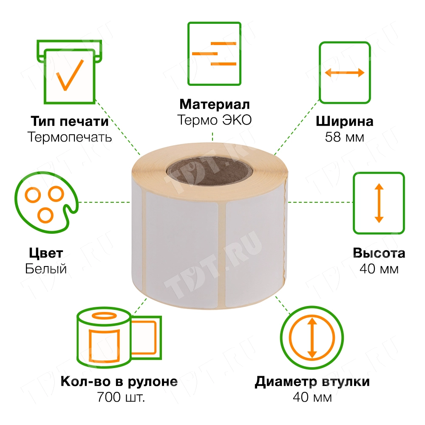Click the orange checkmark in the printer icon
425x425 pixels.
point(69,74)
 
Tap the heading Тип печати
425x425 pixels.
point(69,122)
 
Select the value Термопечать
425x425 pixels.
point(69,137)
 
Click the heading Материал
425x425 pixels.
point(214,104)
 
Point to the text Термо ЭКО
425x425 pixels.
point(214,120)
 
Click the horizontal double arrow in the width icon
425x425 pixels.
point(345,73)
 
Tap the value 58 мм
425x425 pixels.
point(344,137)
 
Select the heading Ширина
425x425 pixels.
point(344,122)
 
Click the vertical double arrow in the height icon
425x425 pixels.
point(379,203)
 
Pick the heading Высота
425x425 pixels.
point(379,253)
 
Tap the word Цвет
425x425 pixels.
point(46,253)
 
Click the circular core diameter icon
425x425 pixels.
point(312,337)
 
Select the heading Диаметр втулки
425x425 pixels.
point(312,381)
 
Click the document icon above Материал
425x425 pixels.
point(214,54)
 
